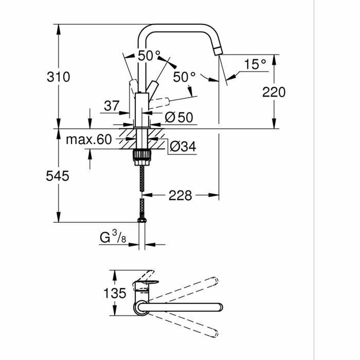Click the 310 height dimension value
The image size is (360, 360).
click(58, 77)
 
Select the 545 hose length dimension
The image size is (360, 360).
click(58, 176)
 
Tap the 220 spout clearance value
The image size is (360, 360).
click(274, 92)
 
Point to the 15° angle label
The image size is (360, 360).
click(254, 64)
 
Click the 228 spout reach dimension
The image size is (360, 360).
click(180, 196)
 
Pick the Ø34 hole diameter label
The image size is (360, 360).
click(182, 147)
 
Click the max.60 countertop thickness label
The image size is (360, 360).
click(88, 139)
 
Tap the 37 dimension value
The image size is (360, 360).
click(112, 106)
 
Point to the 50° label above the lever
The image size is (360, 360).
click(149, 56)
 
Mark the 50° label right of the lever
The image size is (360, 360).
click(184, 77)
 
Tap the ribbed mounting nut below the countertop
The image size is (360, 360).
click(141, 156)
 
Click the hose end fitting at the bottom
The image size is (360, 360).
click(142, 220)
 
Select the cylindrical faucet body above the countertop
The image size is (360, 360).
click(142, 109)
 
